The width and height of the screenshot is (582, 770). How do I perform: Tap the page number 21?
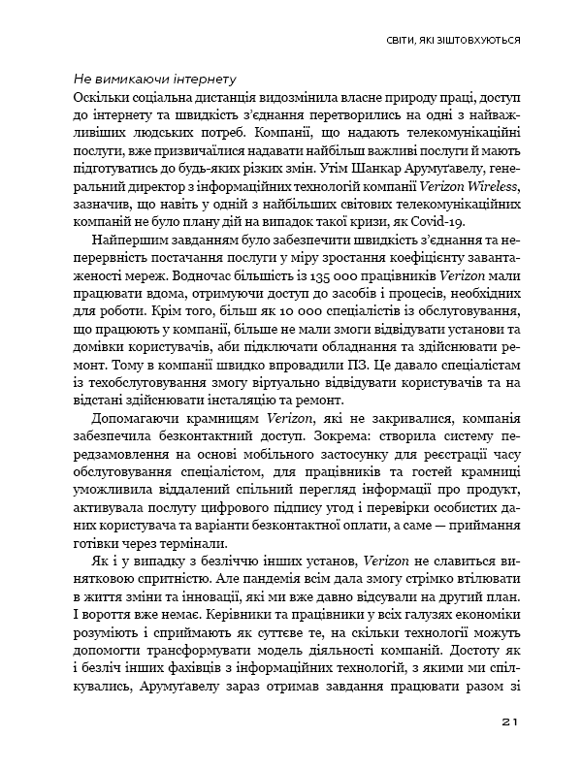[512, 722]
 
